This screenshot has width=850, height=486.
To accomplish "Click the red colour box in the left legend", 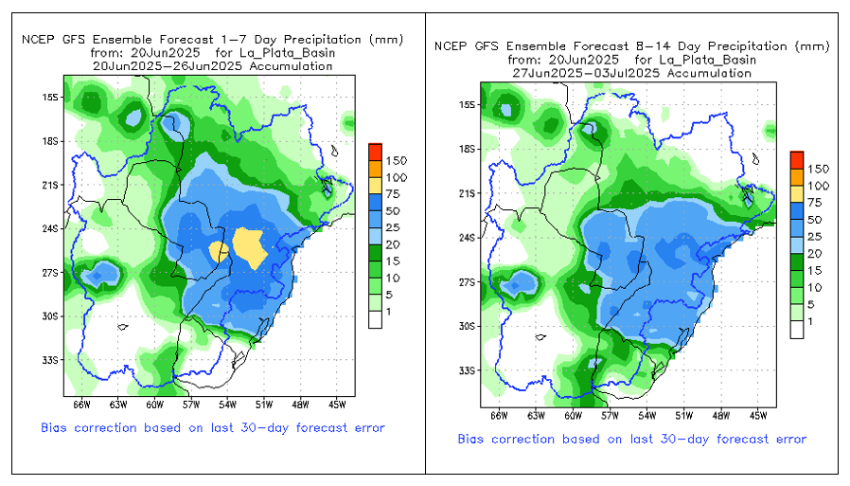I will point(375,151).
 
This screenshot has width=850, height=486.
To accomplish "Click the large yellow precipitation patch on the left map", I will point(251,246).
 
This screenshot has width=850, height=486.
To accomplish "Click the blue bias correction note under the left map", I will point(213,428).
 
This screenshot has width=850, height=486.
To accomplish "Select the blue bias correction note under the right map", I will point(631,439).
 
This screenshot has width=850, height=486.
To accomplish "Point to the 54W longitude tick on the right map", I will point(646,414).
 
